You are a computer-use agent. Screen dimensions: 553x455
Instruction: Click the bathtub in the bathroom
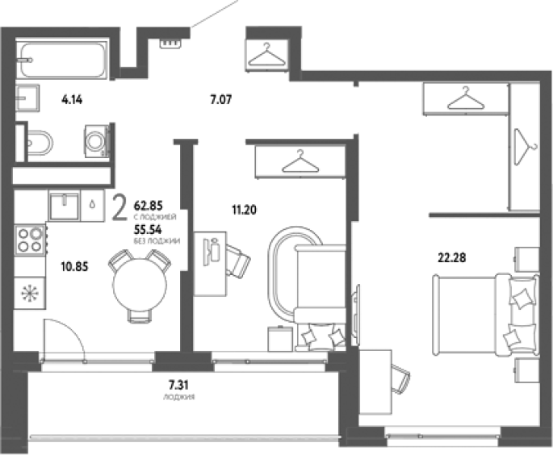(62, 59)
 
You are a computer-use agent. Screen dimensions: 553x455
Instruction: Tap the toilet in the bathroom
(39, 143)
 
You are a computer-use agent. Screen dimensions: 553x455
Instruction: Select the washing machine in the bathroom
(96, 141)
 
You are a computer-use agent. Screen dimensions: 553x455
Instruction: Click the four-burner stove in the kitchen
(30, 240)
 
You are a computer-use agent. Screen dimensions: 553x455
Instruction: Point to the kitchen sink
(64, 206)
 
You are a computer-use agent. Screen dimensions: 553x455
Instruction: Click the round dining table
(140, 285)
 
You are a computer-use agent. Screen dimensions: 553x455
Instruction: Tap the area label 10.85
(74, 266)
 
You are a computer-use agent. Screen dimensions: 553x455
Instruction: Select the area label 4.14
(72, 100)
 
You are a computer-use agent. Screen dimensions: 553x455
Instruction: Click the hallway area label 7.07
(221, 100)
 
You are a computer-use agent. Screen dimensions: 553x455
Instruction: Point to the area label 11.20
(244, 210)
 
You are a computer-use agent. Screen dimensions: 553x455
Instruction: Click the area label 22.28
(452, 257)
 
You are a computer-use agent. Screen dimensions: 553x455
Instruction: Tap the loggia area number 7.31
(178, 384)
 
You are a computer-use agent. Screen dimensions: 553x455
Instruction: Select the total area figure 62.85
(148, 206)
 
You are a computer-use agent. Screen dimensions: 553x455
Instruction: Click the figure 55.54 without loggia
(148, 230)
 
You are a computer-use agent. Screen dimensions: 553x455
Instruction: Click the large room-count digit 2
(119, 208)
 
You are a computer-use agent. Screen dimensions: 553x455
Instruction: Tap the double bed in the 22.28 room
(486, 315)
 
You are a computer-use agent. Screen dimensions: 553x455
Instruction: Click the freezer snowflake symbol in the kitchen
(30, 293)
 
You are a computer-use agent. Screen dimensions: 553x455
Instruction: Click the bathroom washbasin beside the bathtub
(27, 98)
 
